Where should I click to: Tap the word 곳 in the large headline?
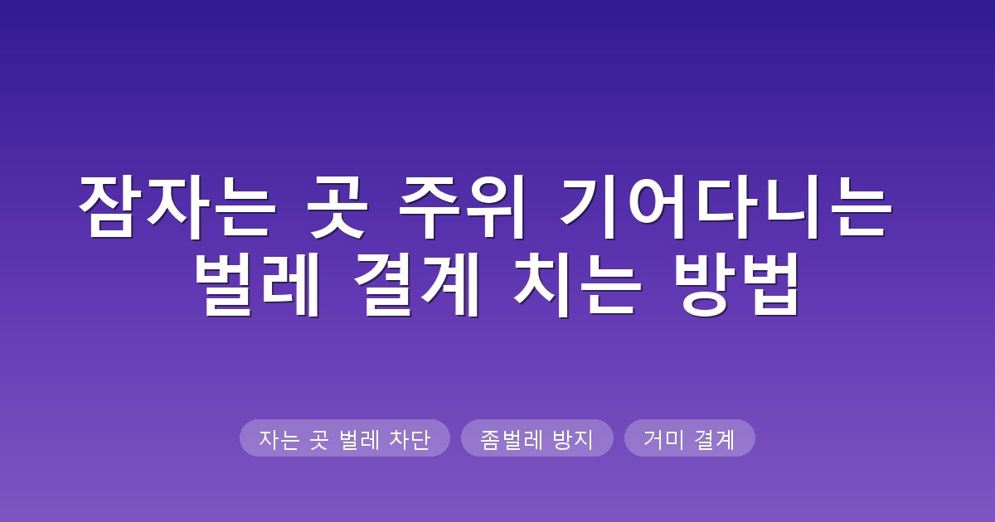[x=337, y=207]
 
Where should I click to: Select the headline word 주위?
[x=461, y=207]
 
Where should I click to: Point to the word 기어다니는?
[x=726, y=207]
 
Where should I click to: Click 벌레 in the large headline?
[x=257, y=285]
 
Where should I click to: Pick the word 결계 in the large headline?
[x=416, y=285]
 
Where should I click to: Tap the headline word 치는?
[x=577, y=285]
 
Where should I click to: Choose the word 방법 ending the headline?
[x=736, y=285]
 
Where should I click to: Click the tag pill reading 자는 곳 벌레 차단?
[x=345, y=437]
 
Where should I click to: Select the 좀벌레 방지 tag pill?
[x=537, y=437]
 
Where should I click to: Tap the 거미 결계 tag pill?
[x=689, y=437]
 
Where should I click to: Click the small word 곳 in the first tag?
[x=319, y=440]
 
